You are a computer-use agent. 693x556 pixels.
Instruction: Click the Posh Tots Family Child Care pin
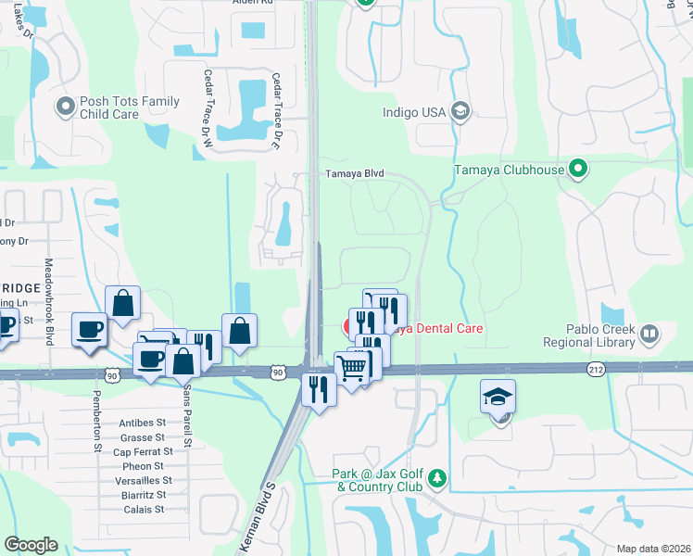coord(65,108)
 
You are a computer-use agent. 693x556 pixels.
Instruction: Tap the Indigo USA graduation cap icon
coord(460,113)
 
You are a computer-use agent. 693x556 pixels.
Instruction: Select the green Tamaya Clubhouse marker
coord(579,170)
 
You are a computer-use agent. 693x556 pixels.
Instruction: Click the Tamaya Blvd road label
coord(353,173)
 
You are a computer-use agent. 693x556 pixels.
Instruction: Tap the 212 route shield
coord(596,369)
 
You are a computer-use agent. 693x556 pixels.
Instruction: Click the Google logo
coord(31,545)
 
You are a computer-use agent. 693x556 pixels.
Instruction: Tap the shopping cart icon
coord(351,368)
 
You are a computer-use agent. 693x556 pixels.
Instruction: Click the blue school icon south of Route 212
coord(498,397)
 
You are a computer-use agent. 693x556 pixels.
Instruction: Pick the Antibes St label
coord(143,423)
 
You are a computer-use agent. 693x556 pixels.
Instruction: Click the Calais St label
coord(145,509)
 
